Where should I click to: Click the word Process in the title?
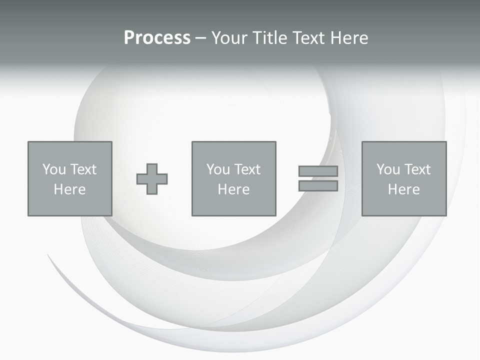tap(157, 38)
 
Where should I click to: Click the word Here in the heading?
tap(350, 38)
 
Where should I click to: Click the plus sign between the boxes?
tap(152, 179)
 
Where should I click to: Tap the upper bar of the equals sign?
tap(318, 171)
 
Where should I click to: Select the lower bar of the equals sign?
tap(318, 186)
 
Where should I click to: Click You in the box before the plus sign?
tap(54, 169)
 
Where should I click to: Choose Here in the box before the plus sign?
tap(69, 189)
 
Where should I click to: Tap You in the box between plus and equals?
tap(218, 169)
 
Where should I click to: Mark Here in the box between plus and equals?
tap(233, 189)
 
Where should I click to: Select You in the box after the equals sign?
tap(388, 169)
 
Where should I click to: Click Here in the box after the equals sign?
tap(403, 189)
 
